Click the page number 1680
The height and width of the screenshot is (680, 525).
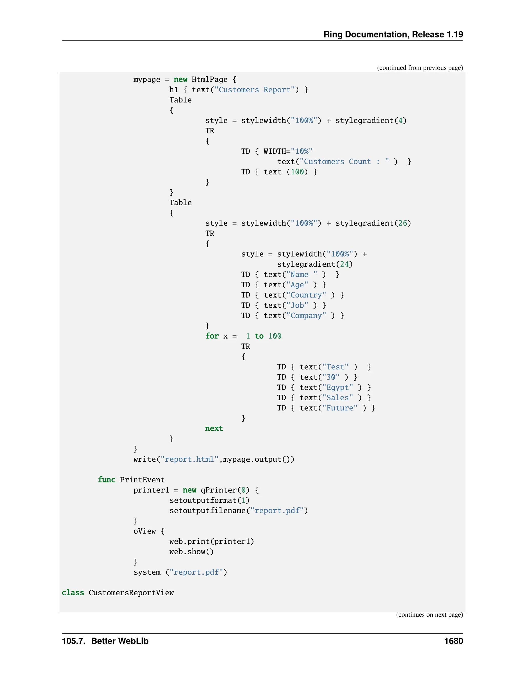[453, 641]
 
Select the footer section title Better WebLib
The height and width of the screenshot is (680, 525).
[120, 641]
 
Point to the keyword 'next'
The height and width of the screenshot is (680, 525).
[214, 429]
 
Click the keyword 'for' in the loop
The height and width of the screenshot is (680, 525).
[212, 336]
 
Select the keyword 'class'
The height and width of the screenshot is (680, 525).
[73, 592]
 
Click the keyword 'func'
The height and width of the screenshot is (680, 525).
[106, 480]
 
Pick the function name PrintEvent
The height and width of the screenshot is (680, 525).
[142, 480]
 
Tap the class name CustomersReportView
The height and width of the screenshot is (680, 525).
[131, 592]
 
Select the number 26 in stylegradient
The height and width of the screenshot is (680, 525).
[402, 223]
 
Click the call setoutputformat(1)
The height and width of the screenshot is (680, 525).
[209, 500]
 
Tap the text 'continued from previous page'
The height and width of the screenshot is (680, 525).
[420, 68]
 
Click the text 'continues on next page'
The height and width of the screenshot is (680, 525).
[429, 615]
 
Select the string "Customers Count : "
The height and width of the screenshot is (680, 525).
[344, 162]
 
